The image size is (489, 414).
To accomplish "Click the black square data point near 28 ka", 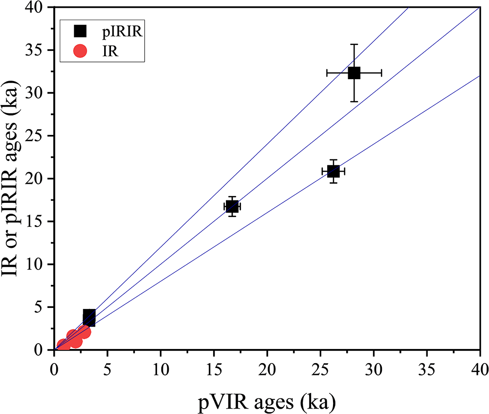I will (x=354, y=73).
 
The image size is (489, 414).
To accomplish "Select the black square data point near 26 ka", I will (x=333, y=171).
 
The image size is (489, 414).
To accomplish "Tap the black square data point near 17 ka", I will (x=232, y=206).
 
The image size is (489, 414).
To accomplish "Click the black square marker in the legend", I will (x=80, y=31).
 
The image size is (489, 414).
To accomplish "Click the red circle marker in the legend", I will (x=80, y=50).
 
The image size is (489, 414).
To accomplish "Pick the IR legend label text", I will (x=108, y=50).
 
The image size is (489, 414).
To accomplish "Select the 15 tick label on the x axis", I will (x=214, y=367).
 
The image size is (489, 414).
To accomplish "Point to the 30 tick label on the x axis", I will (x=374, y=367).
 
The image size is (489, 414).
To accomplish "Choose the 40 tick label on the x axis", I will (x=479, y=367).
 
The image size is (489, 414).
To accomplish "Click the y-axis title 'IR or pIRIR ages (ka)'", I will (x=13, y=178).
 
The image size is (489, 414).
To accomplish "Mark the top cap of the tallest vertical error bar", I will (x=354, y=44).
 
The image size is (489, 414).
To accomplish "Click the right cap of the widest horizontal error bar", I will (x=381, y=73).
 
